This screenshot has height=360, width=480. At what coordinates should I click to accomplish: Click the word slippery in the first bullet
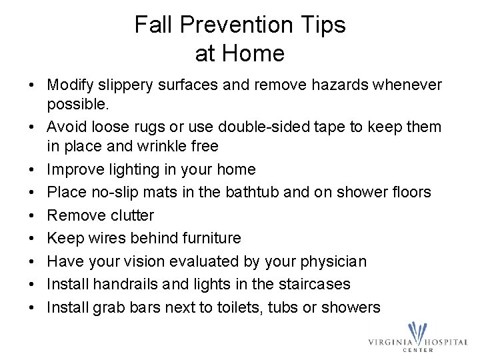[x=122, y=85]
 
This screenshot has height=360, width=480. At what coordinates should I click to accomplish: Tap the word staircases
[x=313, y=284]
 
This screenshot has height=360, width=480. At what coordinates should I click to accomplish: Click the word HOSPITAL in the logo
[x=445, y=342]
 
